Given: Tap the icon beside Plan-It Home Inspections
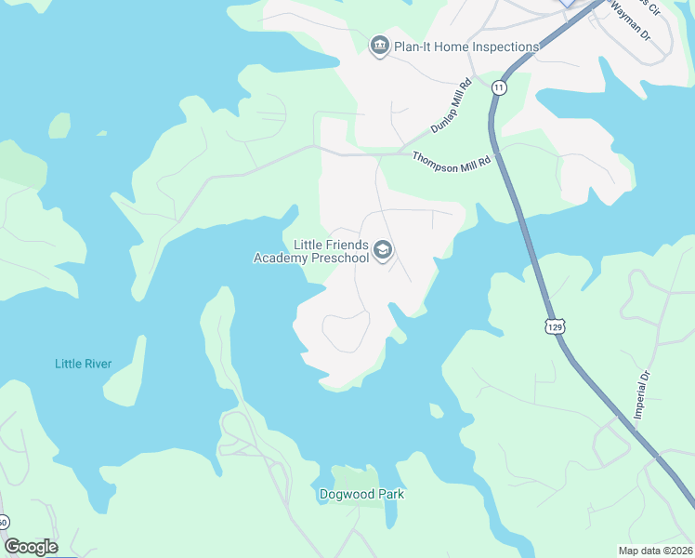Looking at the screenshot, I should (379, 46).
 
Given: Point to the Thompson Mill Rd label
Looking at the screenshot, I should (450, 160).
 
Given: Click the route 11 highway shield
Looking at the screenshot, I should (500, 87).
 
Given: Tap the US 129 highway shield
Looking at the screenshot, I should (555, 326).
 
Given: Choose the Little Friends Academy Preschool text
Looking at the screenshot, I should (311, 251).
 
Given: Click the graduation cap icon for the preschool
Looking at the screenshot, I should (383, 250).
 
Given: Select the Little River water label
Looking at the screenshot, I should (83, 364).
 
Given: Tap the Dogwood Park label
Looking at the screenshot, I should (361, 495).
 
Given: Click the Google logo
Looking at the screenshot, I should (31, 547).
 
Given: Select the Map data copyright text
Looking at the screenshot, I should (655, 551).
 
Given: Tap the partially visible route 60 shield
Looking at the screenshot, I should (4, 523).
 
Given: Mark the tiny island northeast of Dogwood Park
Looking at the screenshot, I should (435, 410).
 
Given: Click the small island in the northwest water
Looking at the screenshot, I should (59, 125).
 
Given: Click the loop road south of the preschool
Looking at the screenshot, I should (346, 332).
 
